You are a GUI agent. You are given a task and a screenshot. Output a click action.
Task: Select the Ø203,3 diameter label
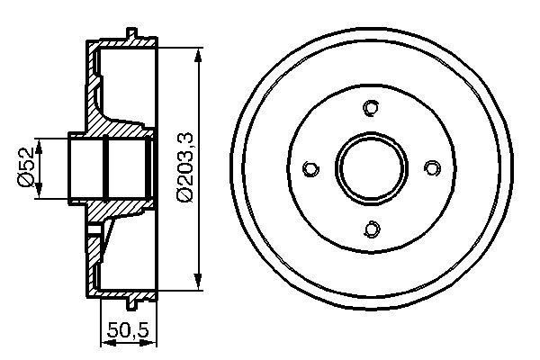(x=184, y=167)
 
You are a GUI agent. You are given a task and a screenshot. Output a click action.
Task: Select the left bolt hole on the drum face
(x=310, y=168)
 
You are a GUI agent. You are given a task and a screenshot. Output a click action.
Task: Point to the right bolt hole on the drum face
(x=431, y=168)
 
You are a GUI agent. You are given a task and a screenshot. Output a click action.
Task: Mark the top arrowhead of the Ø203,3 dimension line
(x=198, y=47)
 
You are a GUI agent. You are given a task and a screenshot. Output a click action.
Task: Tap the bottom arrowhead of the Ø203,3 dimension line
(x=198, y=289)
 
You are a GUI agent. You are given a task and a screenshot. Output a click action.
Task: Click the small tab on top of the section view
(x=132, y=35)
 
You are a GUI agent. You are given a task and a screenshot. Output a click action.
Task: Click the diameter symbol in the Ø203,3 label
(x=184, y=193)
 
